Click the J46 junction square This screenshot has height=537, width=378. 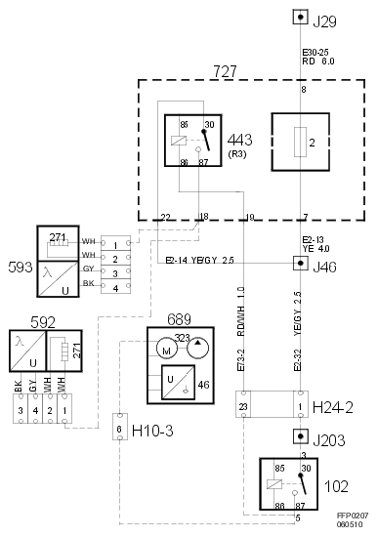301,264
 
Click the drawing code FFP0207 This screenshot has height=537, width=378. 353,514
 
